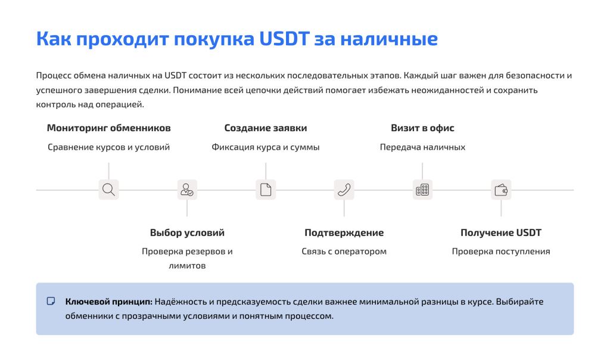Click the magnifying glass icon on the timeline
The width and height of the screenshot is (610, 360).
point(108,190)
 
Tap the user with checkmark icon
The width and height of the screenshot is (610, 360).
point(187,190)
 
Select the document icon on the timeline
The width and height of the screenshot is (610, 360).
point(266,190)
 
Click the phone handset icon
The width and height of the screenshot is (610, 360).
point(344,190)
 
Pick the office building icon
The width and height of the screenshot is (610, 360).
point(422,190)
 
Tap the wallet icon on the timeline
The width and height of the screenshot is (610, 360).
point(501,190)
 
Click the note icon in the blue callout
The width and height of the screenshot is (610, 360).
point(51,301)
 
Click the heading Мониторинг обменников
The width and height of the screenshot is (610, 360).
point(108,128)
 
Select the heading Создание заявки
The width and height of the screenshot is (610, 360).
point(266,128)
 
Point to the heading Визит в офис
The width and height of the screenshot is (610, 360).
point(422,128)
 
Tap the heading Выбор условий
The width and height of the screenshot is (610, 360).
point(187,232)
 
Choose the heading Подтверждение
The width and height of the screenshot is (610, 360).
point(344,232)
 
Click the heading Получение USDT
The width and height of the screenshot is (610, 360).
point(501,232)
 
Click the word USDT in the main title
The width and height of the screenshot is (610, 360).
point(284,39)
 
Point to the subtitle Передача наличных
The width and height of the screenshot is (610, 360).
point(422,147)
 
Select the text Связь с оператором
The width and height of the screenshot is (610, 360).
point(344,252)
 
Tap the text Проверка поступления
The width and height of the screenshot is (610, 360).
point(501,252)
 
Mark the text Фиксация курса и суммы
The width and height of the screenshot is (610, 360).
point(266,147)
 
